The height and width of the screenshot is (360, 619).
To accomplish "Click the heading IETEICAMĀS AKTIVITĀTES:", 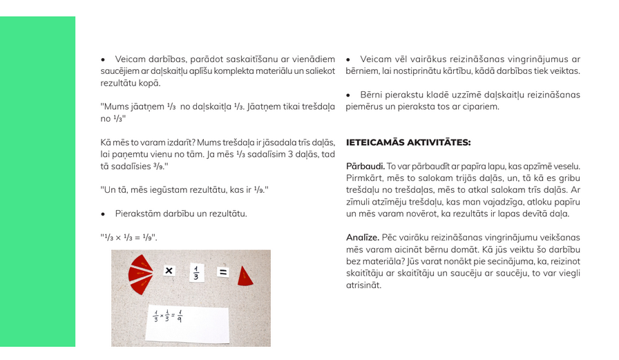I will (x=408, y=142).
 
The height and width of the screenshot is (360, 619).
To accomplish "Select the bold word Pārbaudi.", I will (x=365, y=167).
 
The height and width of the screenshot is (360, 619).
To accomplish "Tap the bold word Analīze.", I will (x=363, y=238).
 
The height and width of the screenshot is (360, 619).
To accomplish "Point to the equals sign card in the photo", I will (x=222, y=272).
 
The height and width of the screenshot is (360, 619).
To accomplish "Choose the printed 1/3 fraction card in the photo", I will (x=196, y=273).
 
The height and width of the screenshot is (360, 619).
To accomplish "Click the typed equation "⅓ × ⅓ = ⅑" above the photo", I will (x=129, y=238).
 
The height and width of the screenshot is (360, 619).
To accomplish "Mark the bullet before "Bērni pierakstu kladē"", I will (x=349, y=95).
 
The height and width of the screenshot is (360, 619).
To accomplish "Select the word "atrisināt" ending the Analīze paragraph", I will (x=363, y=285).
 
